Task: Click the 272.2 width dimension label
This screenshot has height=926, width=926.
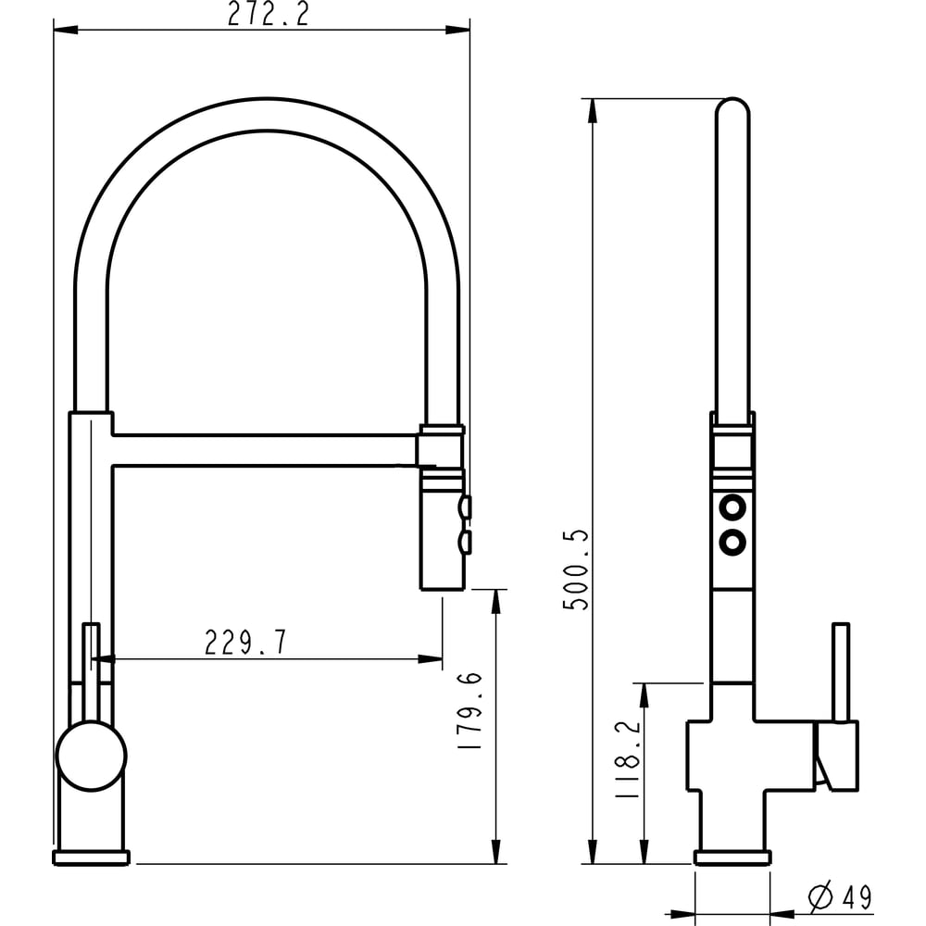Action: pos(269,14)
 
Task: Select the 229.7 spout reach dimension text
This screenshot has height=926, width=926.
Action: pos(245,643)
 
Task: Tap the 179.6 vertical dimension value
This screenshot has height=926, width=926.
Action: pos(470,711)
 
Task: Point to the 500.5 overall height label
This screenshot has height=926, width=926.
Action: pos(576,569)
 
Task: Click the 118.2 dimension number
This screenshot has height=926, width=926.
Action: pos(627,760)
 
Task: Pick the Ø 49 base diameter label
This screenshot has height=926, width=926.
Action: pos(841,896)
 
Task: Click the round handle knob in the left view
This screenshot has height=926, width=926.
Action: pos(91,757)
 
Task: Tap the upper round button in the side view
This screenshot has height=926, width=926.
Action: pos(732,507)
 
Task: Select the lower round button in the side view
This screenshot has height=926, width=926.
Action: pos(732,542)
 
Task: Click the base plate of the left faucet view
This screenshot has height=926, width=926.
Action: pos(91,857)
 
